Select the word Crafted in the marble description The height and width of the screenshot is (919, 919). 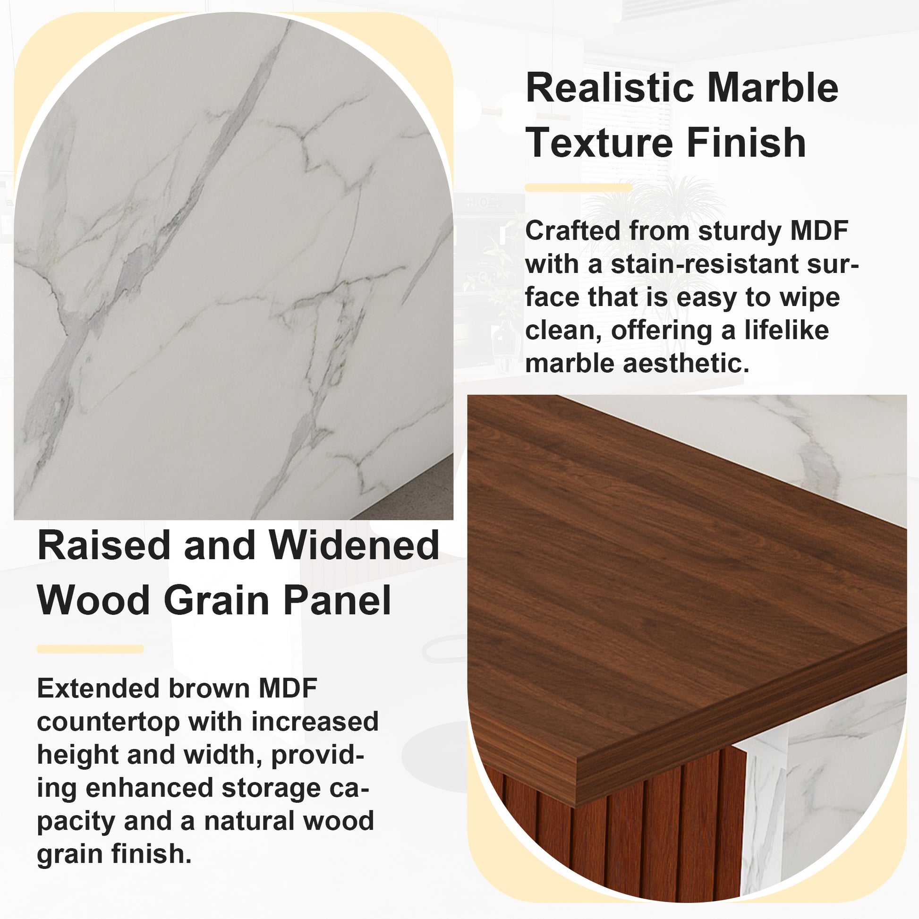572,231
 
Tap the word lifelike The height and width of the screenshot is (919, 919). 787,330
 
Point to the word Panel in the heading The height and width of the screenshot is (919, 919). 337,600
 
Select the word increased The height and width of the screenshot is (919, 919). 315,722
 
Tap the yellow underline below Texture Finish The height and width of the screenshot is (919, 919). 579,188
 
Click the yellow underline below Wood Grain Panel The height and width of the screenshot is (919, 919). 90,649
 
